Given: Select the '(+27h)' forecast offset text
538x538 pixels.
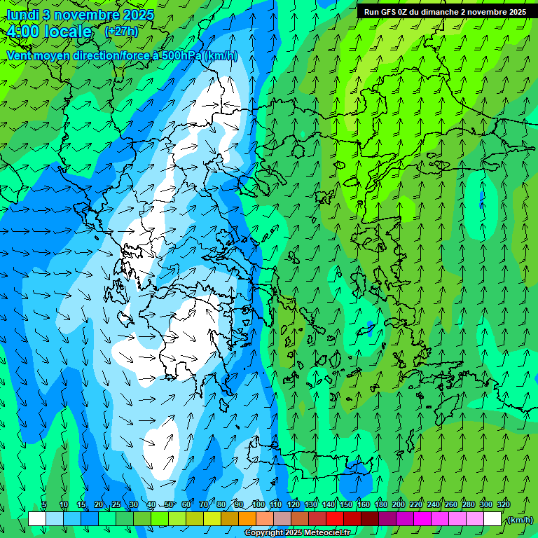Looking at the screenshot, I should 121,32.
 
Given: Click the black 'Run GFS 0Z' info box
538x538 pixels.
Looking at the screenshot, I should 444,11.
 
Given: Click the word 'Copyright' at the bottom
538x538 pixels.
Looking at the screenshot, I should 263,533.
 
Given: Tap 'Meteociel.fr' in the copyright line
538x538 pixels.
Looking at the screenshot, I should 327,533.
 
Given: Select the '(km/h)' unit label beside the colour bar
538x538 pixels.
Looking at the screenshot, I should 520,519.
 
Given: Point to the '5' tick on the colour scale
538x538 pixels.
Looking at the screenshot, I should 44,505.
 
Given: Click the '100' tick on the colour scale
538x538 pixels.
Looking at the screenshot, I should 258,505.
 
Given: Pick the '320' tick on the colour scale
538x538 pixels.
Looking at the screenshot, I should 504,505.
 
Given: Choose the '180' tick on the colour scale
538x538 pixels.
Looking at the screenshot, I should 381,505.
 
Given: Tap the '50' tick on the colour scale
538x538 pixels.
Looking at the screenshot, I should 169,505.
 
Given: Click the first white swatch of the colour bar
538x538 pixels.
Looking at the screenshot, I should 37,519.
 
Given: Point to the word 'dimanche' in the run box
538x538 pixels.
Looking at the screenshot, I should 439,12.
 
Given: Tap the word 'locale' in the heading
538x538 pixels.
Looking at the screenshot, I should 67,32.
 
